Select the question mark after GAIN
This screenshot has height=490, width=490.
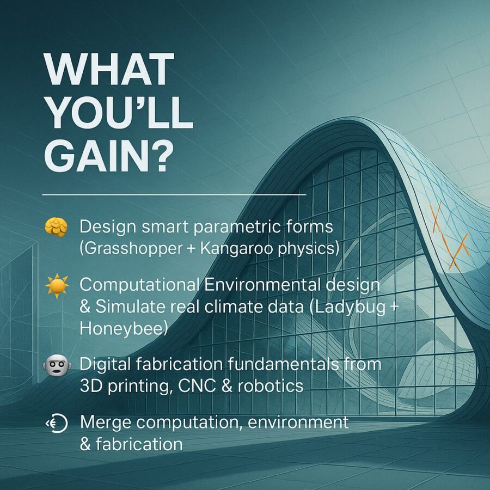click(162, 155)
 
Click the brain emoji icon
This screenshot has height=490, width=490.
click(56, 228)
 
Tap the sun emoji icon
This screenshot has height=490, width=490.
click(57, 286)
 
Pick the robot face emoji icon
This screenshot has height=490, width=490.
click(57, 365)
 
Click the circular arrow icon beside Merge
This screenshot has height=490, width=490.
click(57, 424)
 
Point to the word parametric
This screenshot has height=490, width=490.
click(236, 227)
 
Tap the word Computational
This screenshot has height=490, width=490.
click(140, 285)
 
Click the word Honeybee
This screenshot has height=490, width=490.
click(122, 329)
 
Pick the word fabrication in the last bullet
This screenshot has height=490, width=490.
click(139, 444)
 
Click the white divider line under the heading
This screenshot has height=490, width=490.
click(174, 195)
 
